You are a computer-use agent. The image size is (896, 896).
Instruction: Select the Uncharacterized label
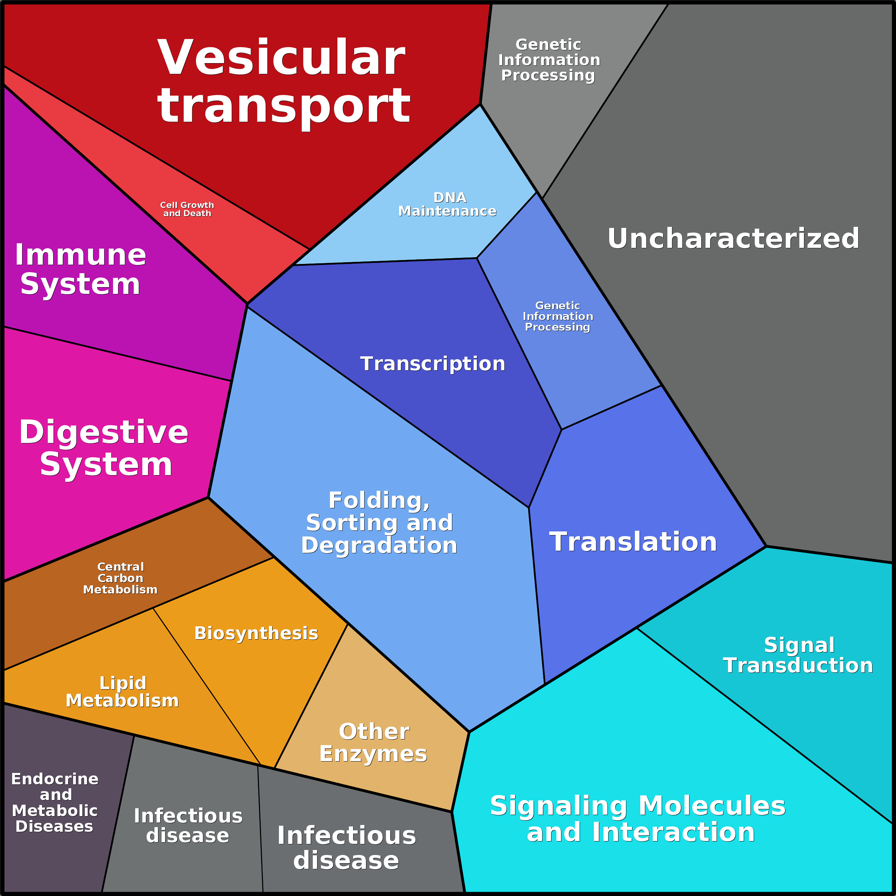(x=733, y=238)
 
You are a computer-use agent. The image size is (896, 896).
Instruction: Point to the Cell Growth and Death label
(x=187, y=209)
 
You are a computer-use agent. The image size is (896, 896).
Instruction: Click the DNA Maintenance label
(x=448, y=204)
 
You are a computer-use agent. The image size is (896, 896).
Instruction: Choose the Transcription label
(x=433, y=363)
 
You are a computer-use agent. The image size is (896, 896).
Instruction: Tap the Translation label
(x=633, y=542)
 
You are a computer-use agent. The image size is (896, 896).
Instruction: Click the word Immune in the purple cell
(x=81, y=255)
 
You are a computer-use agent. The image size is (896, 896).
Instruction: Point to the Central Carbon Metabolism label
(x=121, y=578)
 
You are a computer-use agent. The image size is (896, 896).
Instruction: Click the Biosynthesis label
(x=256, y=633)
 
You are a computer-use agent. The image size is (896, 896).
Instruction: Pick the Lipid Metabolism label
(x=122, y=692)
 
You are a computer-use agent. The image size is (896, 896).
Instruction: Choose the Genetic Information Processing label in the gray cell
(x=549, y=60)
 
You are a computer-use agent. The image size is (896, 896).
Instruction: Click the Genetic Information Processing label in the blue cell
(x=558, y=316)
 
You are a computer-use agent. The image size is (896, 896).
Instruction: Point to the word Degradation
(x=379, y=545)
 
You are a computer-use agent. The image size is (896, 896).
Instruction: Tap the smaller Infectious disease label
(x=188, y=825)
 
